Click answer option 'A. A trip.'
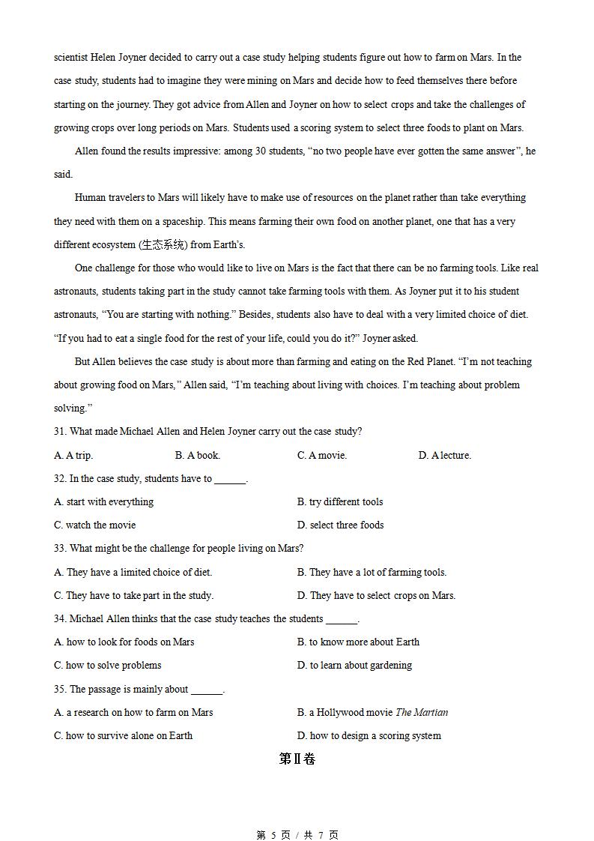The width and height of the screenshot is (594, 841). (73, 455)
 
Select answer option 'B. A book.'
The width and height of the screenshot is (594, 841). (198, 455)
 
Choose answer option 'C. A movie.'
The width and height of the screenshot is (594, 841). (322, 455)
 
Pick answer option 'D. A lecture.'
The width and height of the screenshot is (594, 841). (445, 455)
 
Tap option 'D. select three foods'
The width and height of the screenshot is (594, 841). (340, 525)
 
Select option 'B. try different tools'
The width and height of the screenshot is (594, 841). (340, 501)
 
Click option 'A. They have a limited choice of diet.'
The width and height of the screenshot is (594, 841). (133, 572)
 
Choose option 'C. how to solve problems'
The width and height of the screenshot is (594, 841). (108, 665)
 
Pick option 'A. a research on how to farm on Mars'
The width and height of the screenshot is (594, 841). (133, 712)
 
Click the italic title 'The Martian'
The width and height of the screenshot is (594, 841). (422, 712)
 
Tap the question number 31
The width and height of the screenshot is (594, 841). (60, 431)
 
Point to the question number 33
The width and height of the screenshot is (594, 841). (60, 548)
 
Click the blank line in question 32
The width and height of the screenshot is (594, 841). (230, 480)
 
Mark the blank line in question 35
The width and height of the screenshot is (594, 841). (207, 690)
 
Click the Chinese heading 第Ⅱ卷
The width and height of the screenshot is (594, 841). (297, 759)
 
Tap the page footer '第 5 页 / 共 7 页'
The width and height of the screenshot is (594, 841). (297, 835)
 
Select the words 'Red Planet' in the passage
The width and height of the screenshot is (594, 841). (430, 361)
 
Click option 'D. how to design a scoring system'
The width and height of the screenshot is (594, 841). (369, 735)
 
